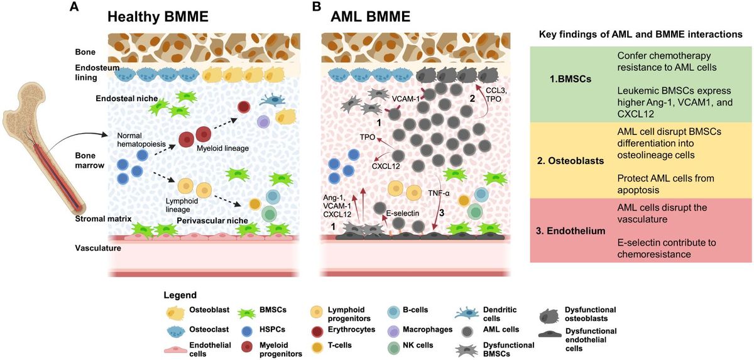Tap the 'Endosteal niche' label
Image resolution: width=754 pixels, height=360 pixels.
point(125,99)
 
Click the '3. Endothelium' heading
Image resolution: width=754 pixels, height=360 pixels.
point(574,231)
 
